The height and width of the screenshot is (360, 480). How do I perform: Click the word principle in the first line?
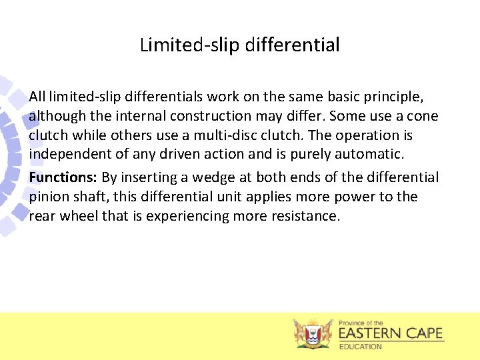tap(394, 97)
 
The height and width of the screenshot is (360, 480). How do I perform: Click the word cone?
tap(423, 116)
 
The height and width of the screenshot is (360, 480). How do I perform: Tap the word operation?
tap(369, 135)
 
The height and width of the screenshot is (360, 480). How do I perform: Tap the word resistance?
tap(303, 216)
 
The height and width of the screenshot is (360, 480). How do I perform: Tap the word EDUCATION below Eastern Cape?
tap(360, 347)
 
